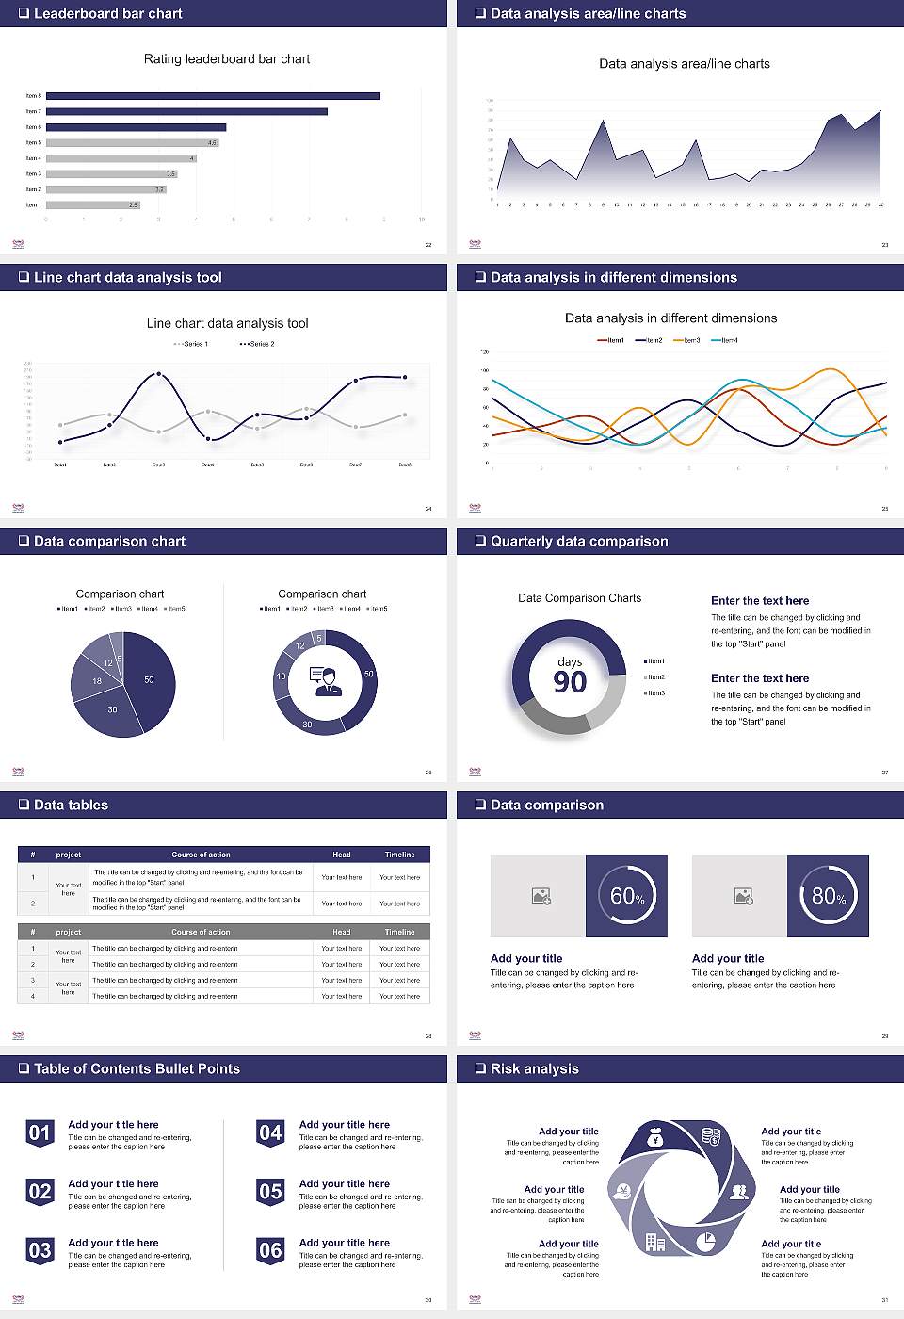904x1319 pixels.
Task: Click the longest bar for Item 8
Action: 213,96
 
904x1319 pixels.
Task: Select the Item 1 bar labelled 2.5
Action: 93,204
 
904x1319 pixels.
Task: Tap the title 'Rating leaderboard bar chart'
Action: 226,58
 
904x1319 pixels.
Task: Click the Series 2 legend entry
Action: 257,344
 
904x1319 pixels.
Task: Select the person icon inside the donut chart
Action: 326,681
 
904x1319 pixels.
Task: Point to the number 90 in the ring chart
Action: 570,682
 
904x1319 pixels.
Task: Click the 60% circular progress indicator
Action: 627,896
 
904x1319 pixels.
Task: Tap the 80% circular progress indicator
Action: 829,896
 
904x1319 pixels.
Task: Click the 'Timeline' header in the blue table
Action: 399,855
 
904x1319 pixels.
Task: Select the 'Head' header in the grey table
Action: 341,932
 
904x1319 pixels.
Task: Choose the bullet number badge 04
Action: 270,1133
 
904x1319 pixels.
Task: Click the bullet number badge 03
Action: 40,1251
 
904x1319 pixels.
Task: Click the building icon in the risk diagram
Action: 655,1242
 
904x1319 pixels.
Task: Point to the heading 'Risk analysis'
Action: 534,1068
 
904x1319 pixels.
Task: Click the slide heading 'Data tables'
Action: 71,805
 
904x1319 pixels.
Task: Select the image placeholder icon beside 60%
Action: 541,896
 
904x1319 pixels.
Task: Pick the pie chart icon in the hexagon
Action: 705,1242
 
